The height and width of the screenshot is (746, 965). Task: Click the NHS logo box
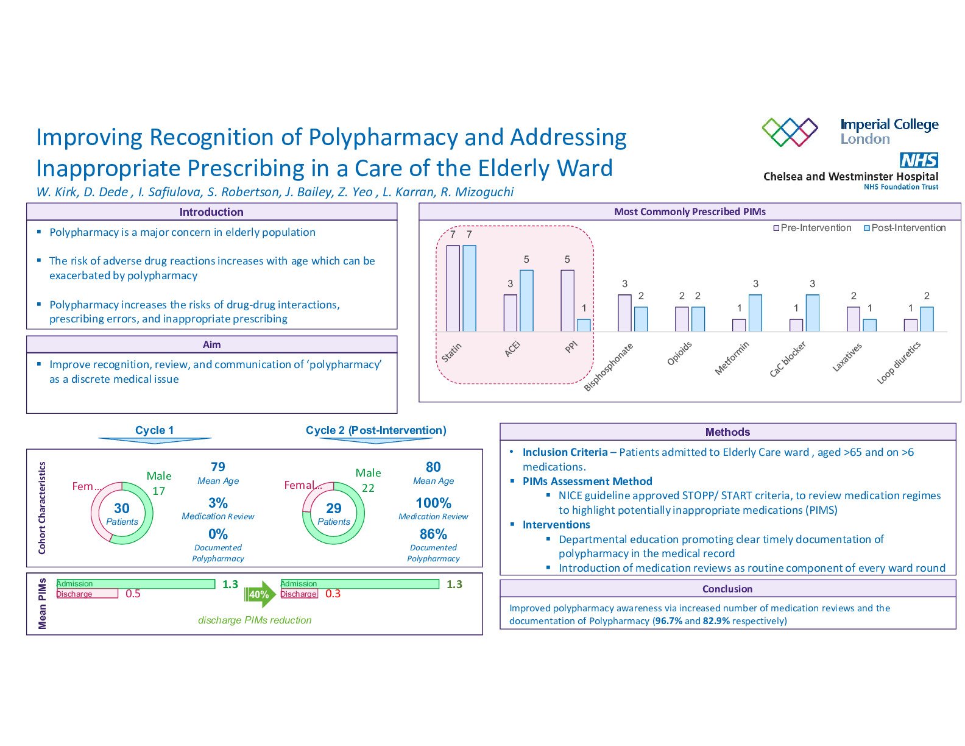click(x=919, y=160)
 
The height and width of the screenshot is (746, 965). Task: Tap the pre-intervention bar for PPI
click(x=567, y=300)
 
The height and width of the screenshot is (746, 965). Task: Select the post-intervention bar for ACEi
click(x=526, y=300)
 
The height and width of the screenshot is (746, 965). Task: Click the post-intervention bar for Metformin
click(x=755, y=313)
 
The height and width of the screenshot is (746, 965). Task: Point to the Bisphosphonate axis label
click(x=609, y=367)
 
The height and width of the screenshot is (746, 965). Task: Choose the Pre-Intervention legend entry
click(x=812, y=228)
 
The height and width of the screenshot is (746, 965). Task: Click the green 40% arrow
click(x=260, y=594)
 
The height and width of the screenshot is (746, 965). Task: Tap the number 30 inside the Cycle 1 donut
click(x=122, y=508)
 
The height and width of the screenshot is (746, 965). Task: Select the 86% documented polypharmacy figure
click(x=433, y=535)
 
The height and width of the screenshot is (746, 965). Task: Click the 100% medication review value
click(x=433, y=503)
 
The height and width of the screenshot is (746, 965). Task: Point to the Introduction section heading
click(x=211, y=212)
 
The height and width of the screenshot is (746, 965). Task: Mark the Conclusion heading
click(x=727, y=589)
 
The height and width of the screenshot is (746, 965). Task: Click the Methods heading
click(x=727, y=432)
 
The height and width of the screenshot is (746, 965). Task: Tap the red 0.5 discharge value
click(x=133, y=594)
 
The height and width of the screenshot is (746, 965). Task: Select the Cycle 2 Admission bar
click(x=359, y=584)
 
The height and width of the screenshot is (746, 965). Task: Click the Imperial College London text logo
click(x=889, y=131)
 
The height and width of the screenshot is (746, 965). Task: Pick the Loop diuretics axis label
click(x=899, y=363)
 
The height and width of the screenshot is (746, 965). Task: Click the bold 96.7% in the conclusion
click(x=667, y=621)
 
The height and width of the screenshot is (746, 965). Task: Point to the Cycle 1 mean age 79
click(x=218, y=467)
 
